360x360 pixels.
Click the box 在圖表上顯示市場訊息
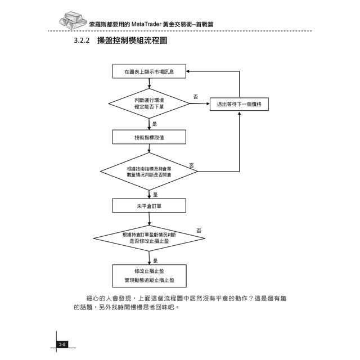149,72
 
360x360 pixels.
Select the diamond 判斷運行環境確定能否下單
149,103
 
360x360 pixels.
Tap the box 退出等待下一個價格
239,104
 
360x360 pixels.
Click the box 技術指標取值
149,137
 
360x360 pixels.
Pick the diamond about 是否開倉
149,172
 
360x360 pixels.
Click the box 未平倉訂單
149,206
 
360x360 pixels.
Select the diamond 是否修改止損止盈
149,237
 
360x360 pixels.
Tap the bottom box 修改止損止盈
149,274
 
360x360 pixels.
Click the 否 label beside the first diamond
196,97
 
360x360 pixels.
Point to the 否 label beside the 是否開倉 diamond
191,165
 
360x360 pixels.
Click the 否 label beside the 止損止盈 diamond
199,231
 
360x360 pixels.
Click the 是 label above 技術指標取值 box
155,123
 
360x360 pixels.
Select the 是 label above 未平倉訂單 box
155,194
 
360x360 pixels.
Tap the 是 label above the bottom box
155,260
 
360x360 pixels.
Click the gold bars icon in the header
74,21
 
